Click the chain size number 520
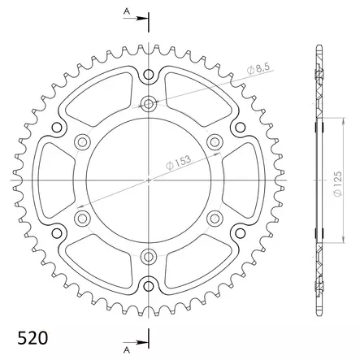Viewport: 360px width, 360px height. pos(31,337)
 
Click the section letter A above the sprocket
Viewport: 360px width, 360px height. pos(125,10)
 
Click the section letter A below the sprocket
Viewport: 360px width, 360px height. pos(125,350)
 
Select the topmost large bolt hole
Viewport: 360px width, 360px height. pos(149,104)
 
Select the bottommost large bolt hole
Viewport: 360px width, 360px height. pos(149,256)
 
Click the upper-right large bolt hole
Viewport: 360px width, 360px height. pos(215,142)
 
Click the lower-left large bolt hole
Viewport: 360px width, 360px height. pos(82,218)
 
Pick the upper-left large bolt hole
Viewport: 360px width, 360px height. pos(82,142)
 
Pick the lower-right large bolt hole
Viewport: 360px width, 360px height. pos(215,218)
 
